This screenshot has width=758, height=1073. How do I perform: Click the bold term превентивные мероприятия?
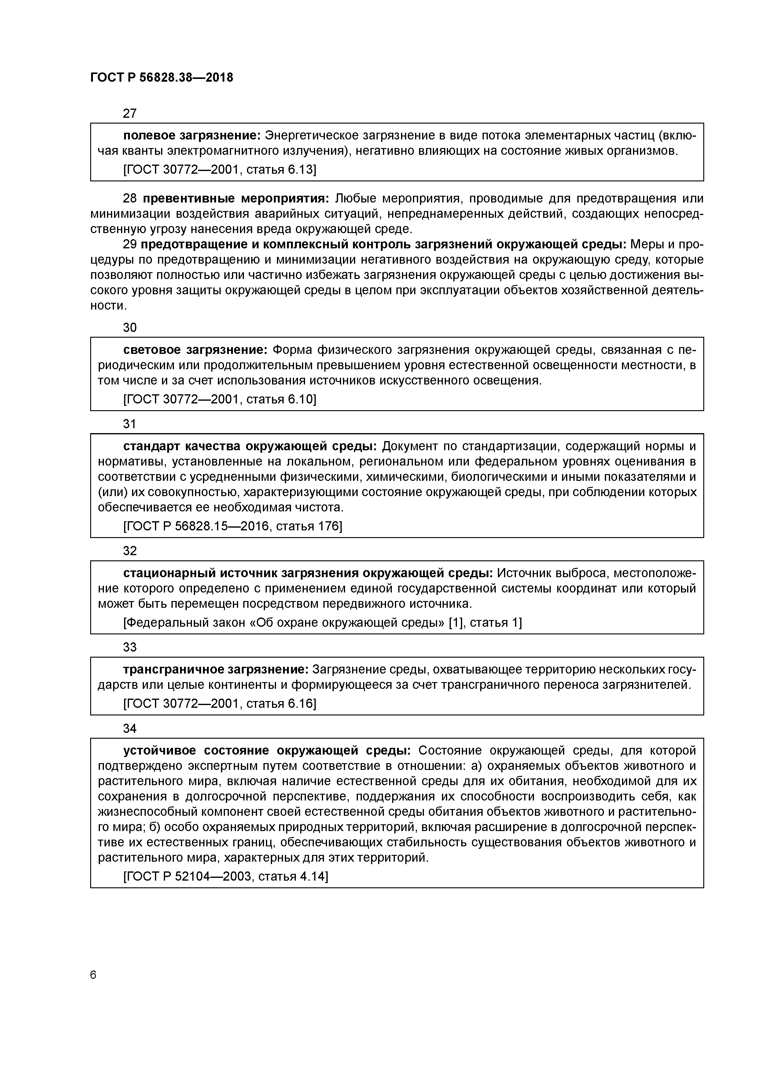point(236,199)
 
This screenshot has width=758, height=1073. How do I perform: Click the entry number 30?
point(130,328)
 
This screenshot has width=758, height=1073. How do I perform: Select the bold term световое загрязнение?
point(195,350)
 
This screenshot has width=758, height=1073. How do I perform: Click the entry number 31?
point(129,424)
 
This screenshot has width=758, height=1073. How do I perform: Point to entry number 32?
point(130,551)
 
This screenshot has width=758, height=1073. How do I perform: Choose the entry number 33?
point(130,647)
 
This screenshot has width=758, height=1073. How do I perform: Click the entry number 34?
point(130,729)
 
